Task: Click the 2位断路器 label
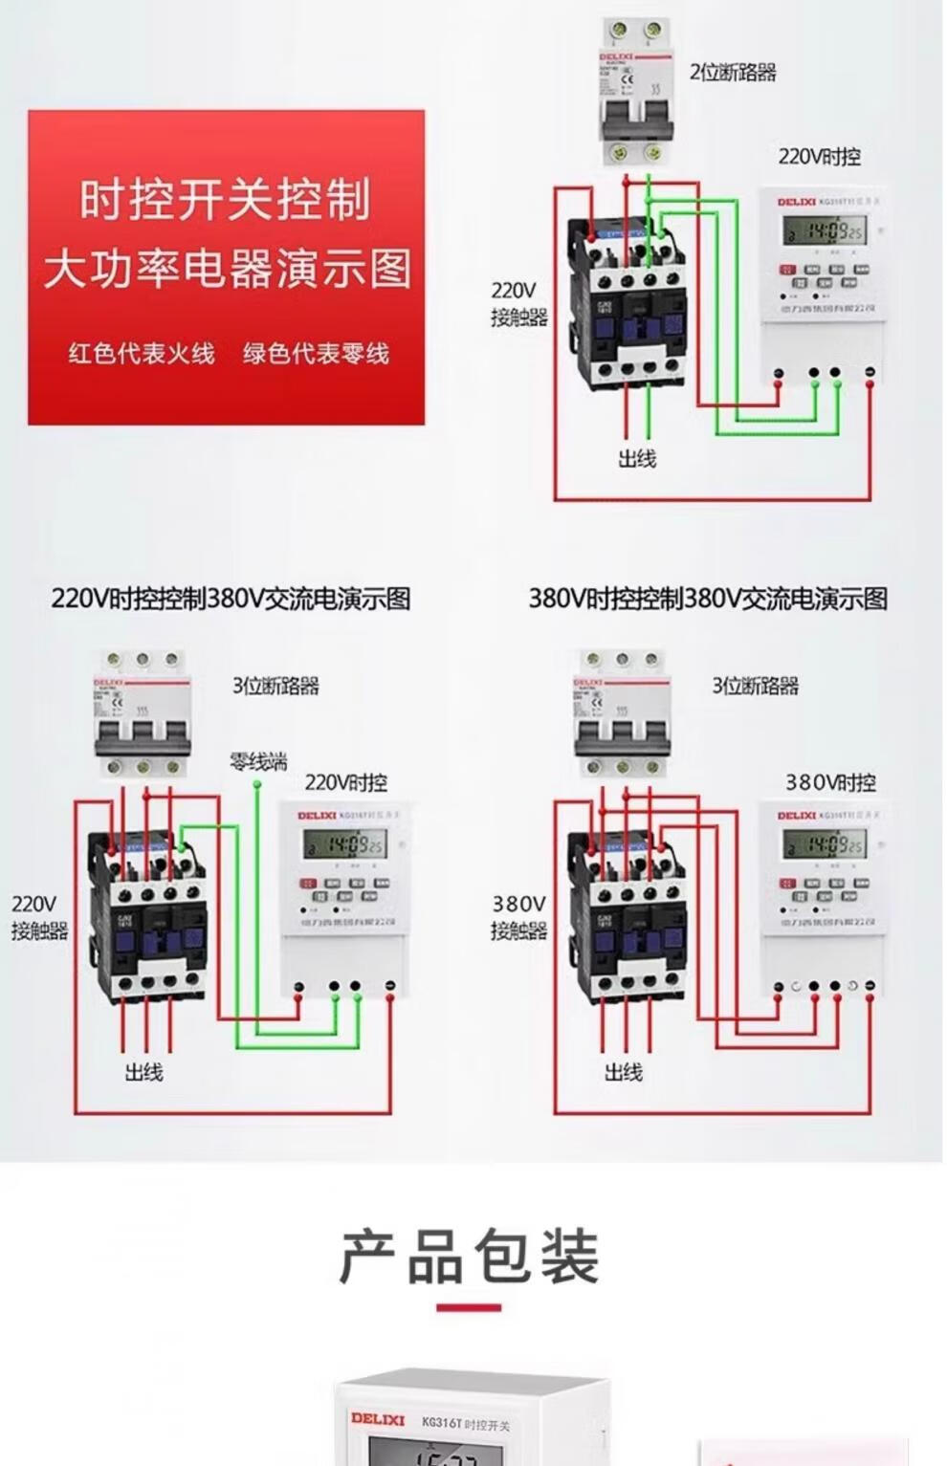point(733,73)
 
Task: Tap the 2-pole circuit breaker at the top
point(630,93)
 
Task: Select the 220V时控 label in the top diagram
point(819,157)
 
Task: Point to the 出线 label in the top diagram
point(637,459)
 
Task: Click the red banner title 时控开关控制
point(225,200)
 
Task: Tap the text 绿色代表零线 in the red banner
point(316,354)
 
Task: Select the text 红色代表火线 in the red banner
point(142,354)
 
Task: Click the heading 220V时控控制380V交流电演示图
point(231,600)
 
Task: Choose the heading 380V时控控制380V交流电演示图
point(708,600)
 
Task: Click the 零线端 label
point(258,762)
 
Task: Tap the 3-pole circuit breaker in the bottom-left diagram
point(143,714)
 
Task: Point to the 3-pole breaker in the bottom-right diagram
point(622,714)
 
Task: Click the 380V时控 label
point(830,783)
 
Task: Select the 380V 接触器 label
point(519,917)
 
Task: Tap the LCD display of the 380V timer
point(823,843)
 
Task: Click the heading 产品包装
point(470,1257)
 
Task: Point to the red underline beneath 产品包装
point(469,1307)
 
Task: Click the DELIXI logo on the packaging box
point(378,1419)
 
